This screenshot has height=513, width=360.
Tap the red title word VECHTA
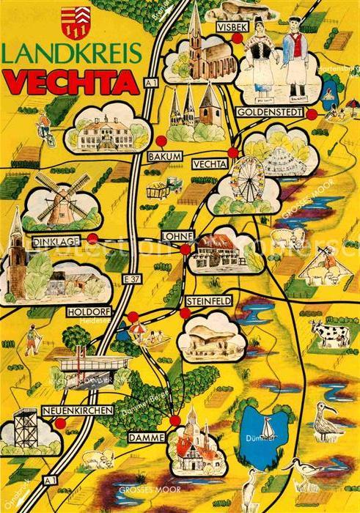coord(71,82)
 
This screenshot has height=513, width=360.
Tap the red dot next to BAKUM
coord(160,141)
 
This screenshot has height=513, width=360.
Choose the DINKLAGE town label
coord(47,239)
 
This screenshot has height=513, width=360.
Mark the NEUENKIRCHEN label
coord(78,410)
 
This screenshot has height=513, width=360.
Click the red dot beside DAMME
coord(175,420)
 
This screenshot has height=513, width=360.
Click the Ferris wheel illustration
coord(247,179)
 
